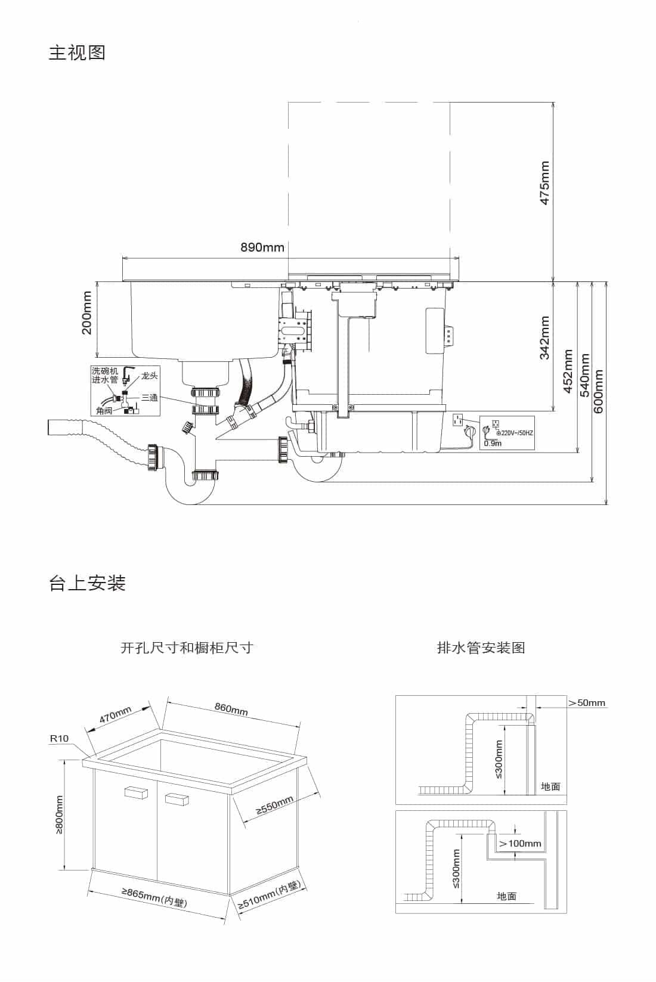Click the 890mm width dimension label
pos(262,247)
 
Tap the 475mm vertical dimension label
pos(544,183)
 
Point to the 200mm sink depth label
pos(87,313)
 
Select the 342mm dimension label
pos(544,338)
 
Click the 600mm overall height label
pos(599,391)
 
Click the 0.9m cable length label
pos(493,444)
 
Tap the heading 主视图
pos(77,52)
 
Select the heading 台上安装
pos(87,583)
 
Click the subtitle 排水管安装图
pos(481,648)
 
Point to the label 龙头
pos(150,376)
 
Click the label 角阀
pos(104,411)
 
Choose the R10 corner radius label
pos(59,738)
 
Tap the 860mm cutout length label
pos(231,709)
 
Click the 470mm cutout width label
pos(115,715)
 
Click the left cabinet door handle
pos(135,792)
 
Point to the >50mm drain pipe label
pos(587,702)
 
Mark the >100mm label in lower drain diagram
pos(520,844)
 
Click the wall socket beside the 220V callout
pos(458,420)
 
